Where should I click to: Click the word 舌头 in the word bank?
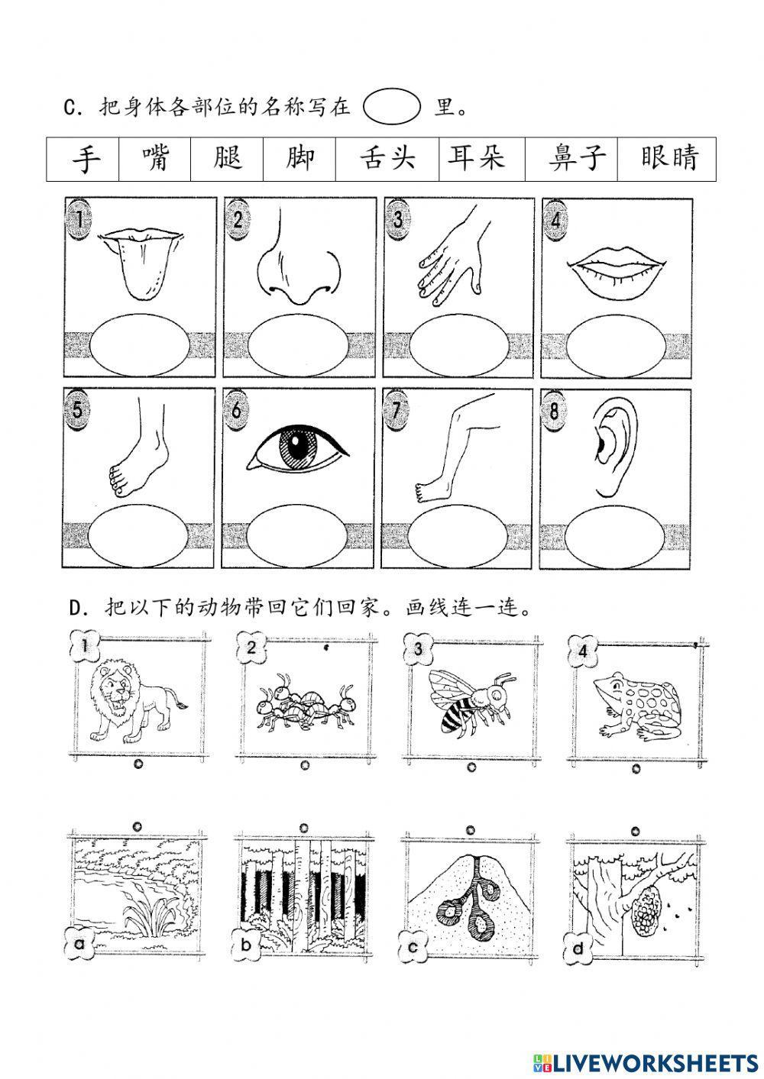(x=387, y=158)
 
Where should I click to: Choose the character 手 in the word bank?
(x=86, y=159)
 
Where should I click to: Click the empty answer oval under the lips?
(x=616, y=345)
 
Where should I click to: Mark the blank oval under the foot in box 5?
(x=138, y=535)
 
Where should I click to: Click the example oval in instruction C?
(x=392, y=106)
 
